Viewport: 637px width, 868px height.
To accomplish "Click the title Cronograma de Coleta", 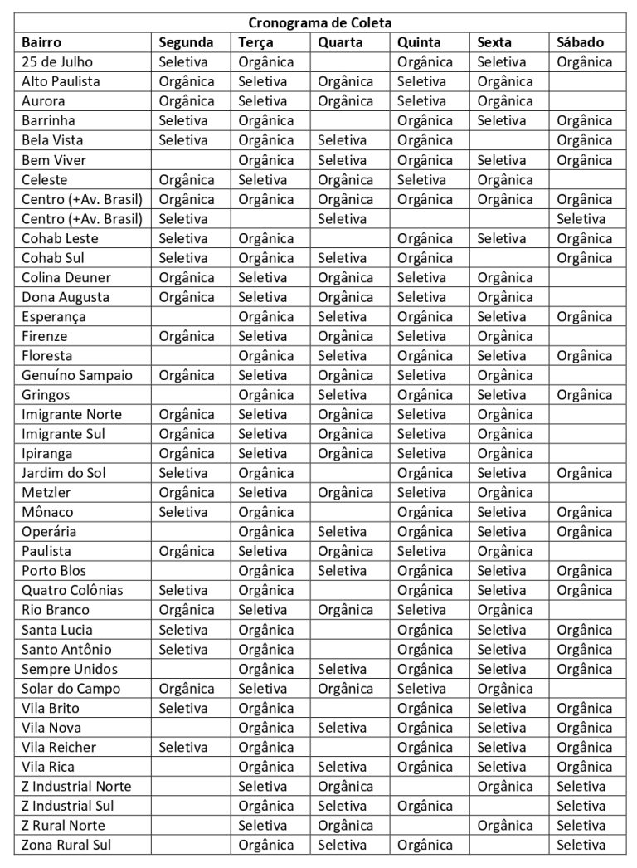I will click(319, 23).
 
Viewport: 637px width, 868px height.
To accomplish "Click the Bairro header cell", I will click(41, 42).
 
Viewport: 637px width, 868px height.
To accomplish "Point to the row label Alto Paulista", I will click(61, 81).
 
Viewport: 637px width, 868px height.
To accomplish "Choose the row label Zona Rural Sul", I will click(66, 845).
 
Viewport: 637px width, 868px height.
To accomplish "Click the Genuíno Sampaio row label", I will click(77, 375).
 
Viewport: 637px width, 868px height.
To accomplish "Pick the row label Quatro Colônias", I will click(72, 590).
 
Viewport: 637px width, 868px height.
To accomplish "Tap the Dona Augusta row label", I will click(66, 297).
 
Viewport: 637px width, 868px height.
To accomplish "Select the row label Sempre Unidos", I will click(70, 669).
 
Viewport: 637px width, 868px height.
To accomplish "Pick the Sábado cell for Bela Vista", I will click(585, 140).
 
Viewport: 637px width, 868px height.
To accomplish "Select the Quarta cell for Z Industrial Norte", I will click(346, 786).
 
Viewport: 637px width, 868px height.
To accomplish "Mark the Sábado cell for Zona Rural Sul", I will click(581, 845).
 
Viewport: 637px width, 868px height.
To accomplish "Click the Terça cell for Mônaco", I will click(266, 512).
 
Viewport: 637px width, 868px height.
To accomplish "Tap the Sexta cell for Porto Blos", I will click(502, 571).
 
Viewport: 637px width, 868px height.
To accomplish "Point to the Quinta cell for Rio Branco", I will click(421, 610).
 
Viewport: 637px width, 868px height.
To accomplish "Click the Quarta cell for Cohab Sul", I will click(342, 258).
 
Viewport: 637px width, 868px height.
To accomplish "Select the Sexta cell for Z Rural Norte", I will click(505, 826).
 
